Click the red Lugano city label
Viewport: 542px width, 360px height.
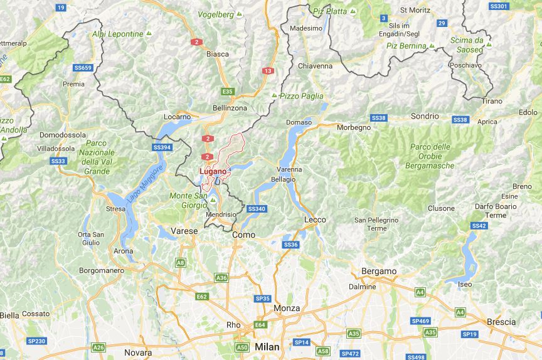[x=213, y=171]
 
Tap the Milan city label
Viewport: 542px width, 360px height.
[x=267, y=347]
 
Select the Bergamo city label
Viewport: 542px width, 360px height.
[x=379, y=271]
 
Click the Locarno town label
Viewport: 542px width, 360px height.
[x=177, y=117]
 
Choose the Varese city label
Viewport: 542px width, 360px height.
[x=184, y=231]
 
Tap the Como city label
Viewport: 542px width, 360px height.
[x=243, y=234]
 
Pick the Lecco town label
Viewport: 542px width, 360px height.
[x=315, y=220]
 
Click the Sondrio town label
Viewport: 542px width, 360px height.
[x=425, y=116]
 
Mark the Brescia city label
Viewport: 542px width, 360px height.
[x=501, y=322]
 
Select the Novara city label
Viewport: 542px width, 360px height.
[x=138, y=352]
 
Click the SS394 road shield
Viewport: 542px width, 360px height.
[x=162, y=147]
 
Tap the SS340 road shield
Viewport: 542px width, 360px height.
[x=257, y=209]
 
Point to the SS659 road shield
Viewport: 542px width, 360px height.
[x=83, y=68]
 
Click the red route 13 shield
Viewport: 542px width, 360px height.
[x=268, y=71]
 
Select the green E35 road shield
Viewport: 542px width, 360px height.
[x=227, y=92]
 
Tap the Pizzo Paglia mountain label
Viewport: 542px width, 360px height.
[x=302, y=96]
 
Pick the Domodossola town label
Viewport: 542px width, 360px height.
[x=62, y=135]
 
